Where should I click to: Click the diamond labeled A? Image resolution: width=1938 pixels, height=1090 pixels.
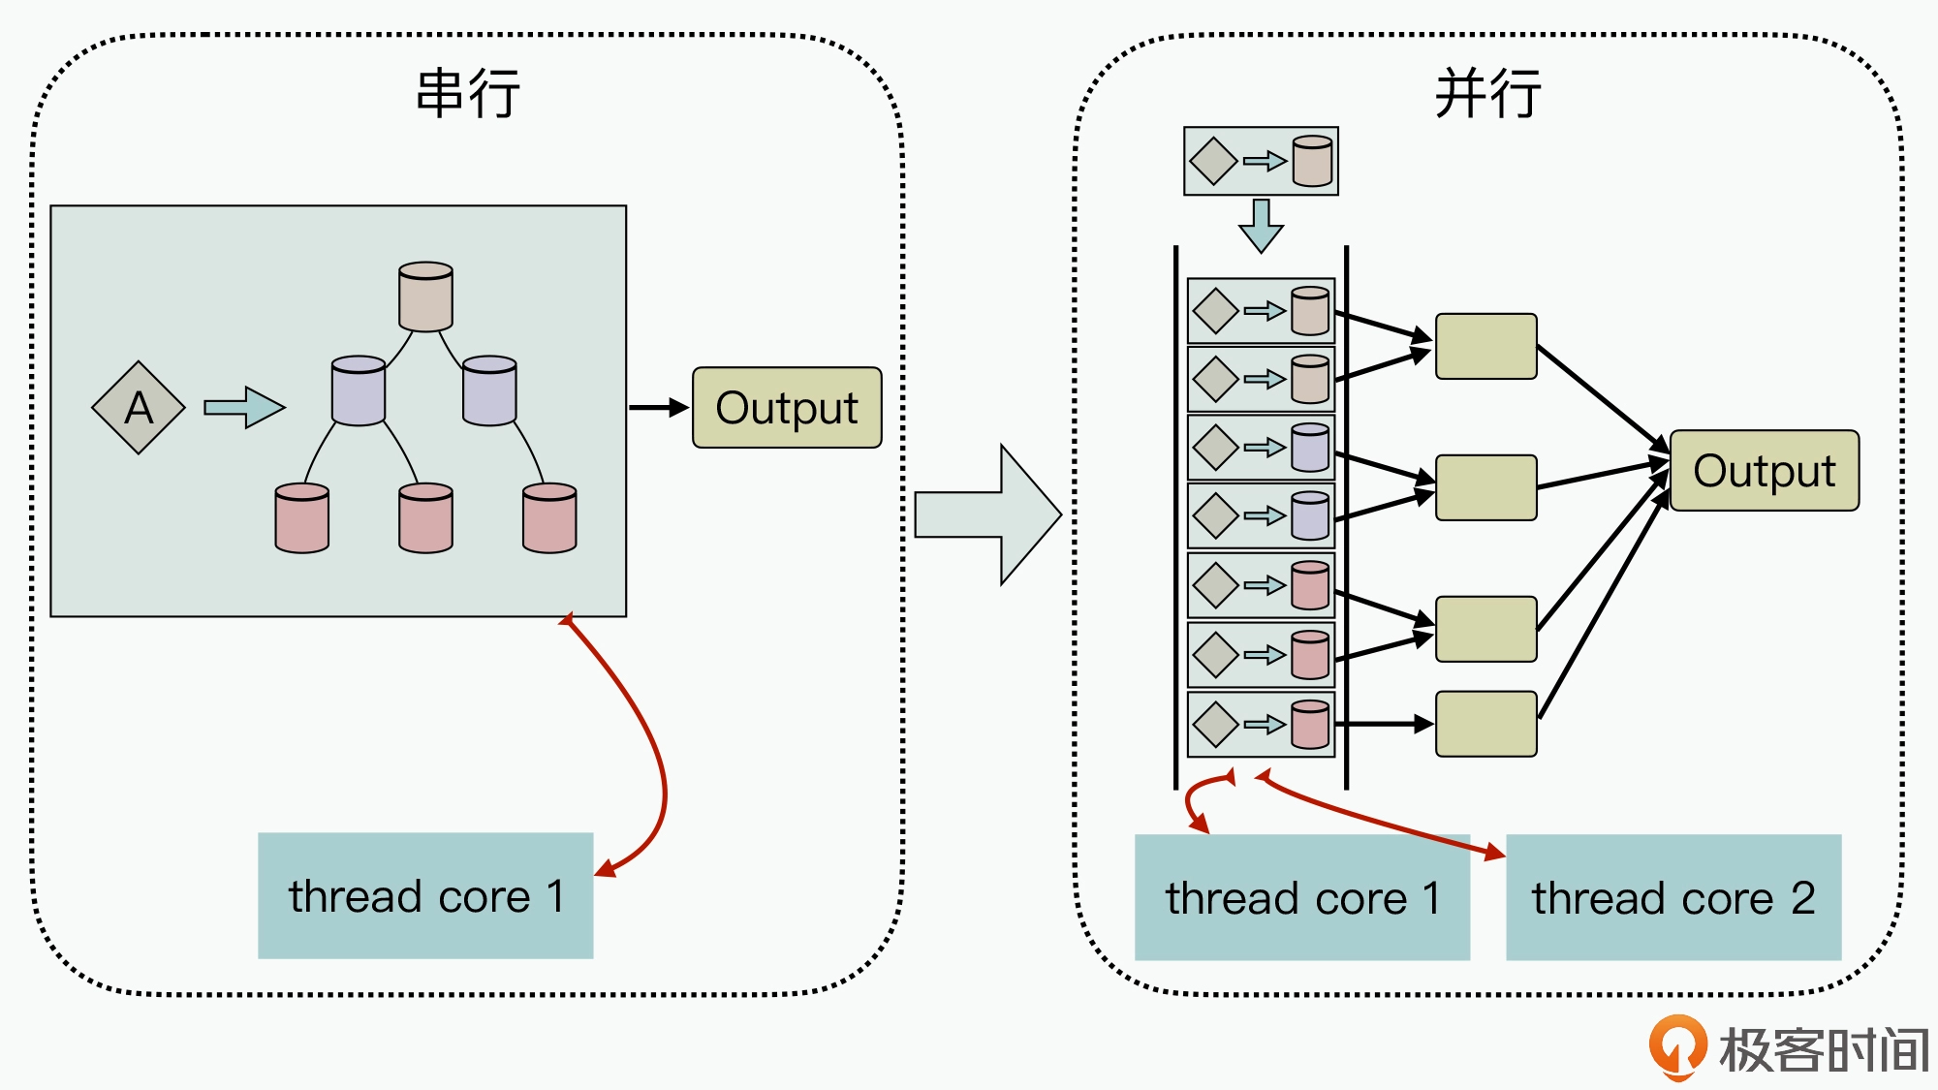[139, 408]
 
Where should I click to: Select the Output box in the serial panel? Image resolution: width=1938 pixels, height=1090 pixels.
[787, 408]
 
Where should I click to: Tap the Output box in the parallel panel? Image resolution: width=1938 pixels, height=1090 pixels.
[1764, 471]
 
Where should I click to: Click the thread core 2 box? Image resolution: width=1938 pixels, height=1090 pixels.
[1673, 897]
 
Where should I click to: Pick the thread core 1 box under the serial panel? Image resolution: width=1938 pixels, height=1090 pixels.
[425, 896]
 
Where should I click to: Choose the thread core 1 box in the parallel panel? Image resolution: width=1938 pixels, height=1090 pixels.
[1301, 897]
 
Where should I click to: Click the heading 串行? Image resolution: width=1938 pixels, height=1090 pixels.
[468, 94]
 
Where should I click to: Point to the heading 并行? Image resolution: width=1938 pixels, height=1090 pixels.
[1487, 94]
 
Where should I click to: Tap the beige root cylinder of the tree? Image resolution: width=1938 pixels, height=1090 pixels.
[425, 296]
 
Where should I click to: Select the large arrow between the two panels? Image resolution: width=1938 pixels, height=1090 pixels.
[988, 514]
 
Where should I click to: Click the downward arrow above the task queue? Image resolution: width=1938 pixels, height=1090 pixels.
[1261, 226]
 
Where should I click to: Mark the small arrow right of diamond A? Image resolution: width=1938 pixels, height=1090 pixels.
[244, 408]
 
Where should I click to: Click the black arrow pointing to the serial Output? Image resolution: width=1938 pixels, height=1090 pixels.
[659, 408]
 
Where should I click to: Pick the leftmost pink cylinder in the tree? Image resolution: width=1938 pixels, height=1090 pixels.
[301, 518]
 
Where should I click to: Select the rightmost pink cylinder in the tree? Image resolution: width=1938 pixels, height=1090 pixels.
[549, 518]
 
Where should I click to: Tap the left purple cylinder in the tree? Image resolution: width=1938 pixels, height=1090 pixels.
[359, 391]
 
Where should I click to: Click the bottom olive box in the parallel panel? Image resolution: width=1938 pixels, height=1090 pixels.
[1485, 724]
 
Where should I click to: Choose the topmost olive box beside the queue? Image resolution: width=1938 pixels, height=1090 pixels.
[1485, 346]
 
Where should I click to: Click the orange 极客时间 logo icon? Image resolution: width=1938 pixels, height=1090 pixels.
[1677, 1046]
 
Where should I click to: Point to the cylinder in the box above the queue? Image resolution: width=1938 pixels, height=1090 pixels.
[1312, 161]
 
